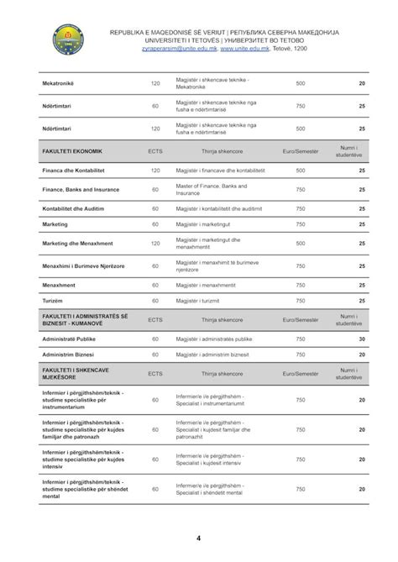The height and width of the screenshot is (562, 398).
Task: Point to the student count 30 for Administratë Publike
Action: point(361,339)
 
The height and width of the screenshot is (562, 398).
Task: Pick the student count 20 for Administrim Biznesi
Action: point(361,355)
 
